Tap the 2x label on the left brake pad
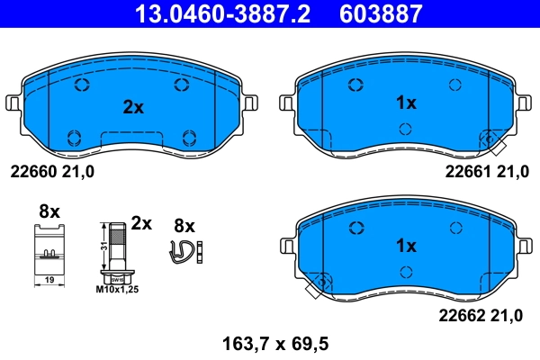[133, 107]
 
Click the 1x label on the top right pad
[406, 103]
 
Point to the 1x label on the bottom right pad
[406, 246]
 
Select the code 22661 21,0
[486, 171]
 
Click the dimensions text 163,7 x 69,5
[271, 343]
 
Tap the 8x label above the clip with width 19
[49, 211]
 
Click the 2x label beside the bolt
[140, 221]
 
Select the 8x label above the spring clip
[184, 225]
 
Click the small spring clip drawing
[184, 254]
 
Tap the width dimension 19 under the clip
[49, 282]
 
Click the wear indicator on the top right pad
[492, 140]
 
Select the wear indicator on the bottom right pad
[314, 287]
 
